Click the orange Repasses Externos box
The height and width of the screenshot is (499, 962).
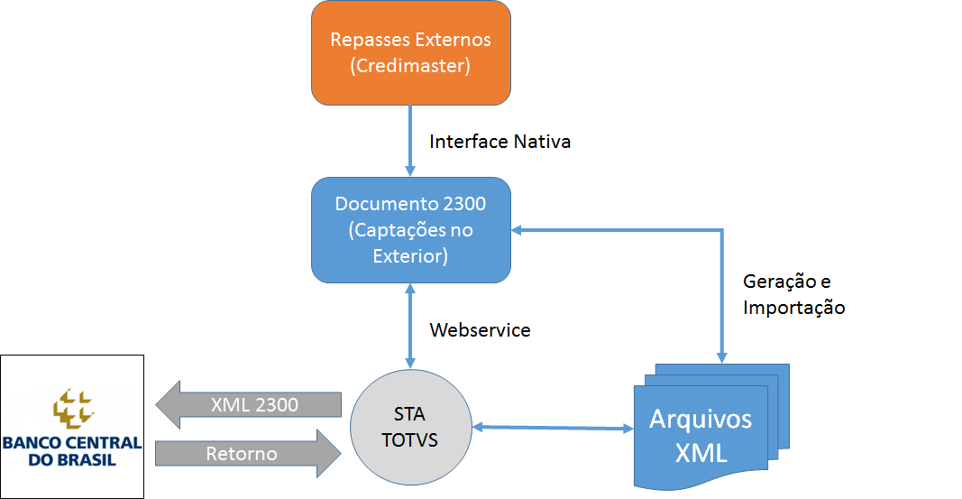click(x=411, y=52)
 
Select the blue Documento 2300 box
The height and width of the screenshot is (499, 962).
click(x=411, y=230)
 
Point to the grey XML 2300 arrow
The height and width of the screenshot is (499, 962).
click(x=250, y=406)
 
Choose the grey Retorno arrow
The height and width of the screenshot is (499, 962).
click(x=248, y=453)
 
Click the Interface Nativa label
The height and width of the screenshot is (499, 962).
click(x=499, y=142)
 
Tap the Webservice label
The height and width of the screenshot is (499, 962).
click(x=480, y=330)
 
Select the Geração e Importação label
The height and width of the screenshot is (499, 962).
click(x=793, y=293)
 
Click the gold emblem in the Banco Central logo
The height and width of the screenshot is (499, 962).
click(x=73, y=407)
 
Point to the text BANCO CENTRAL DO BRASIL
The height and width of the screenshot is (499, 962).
click(x=72, y=450)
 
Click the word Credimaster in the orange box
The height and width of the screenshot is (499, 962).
click(x=411, y=66)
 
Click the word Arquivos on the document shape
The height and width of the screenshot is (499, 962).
click(x=701, y=420)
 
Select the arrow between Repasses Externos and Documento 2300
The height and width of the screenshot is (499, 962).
click(x=411, y=140)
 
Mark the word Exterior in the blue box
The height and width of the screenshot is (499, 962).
click(x=410, y=256)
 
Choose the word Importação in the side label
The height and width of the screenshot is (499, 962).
click(x=793, y=307)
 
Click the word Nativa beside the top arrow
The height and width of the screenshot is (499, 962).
click(x=542, y=142)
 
